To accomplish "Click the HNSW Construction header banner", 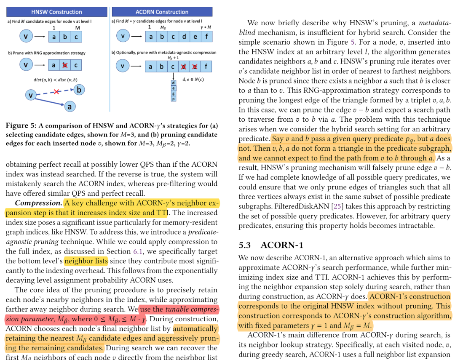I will click(x=57, y=12).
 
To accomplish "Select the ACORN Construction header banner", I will click(x=162, y=12).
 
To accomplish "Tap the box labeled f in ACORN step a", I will click(x=206, y=36).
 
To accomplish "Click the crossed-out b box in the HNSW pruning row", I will click(x=65, y=65).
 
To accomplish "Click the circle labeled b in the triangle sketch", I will click(x=79, y=89).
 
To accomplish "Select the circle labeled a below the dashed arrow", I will click(x=70, y=107).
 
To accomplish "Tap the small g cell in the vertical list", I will click(x=174, y=94).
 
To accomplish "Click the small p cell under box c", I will click(x=174, y=99).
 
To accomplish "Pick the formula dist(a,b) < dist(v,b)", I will click(x=55, y=80).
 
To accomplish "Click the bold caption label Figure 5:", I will click(x=21, y=125).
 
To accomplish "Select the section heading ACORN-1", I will click(x=282, y=245).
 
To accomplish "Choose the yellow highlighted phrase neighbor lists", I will click(x=86, y=261).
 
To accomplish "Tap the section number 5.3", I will click(x=245, y=245).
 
